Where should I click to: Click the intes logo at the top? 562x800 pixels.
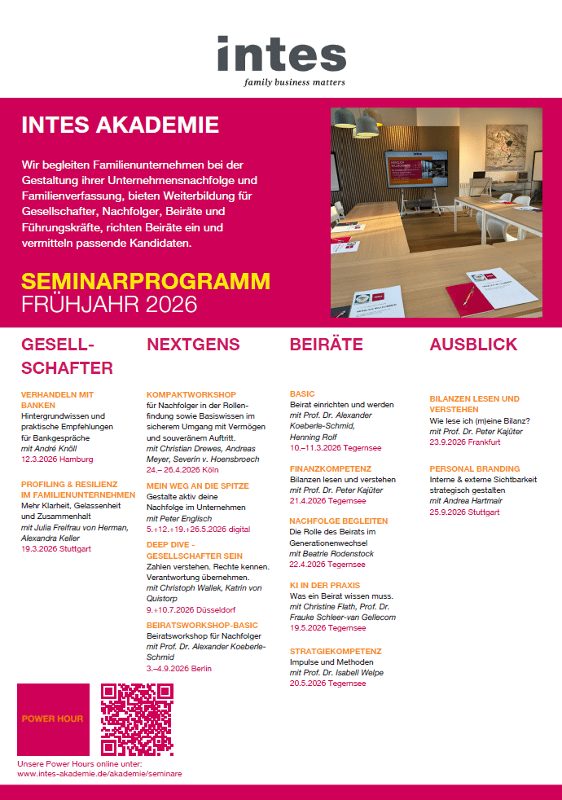tap(281, 54)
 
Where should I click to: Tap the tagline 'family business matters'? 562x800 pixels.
tap(294, 82)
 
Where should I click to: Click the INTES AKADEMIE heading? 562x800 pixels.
tap(120, 125)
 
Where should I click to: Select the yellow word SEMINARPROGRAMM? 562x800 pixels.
tap(145, 282)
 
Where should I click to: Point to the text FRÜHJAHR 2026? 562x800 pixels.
tap(109, 305)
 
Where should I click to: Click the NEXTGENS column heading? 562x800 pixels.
tap(193, 345)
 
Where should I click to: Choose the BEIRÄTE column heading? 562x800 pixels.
tap(326, 345)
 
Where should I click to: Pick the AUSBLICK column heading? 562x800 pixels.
tap(473, 345)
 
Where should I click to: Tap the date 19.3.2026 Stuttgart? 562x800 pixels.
tap(56, 549)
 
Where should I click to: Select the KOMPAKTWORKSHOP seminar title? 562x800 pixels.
tap(191, 394)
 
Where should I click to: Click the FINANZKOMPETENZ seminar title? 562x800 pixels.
tap(331, 469)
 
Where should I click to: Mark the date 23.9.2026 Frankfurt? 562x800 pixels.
tap(465, 442)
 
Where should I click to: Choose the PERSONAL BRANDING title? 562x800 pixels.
tap(474, 469)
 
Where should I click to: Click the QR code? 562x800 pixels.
tap(137, 719)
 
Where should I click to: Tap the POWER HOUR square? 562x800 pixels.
tap(53, 719)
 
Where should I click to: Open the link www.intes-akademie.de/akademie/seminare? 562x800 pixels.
tap(99, 774)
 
